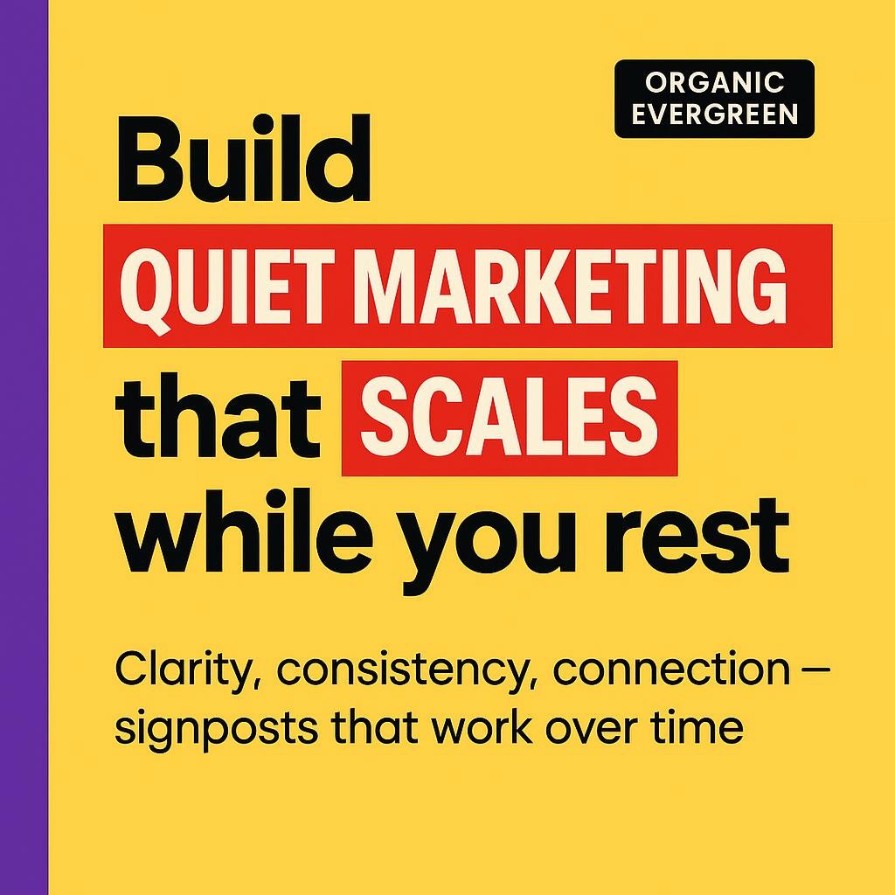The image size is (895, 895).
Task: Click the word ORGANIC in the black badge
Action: tap(714, 84)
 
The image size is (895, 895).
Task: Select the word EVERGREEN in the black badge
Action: tap(714, 114)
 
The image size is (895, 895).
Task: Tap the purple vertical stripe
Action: tap(24, 447)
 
